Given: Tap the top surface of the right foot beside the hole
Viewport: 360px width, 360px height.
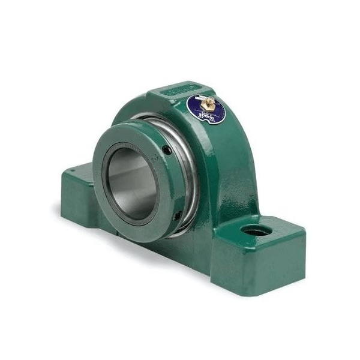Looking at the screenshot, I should coord(276,231).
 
